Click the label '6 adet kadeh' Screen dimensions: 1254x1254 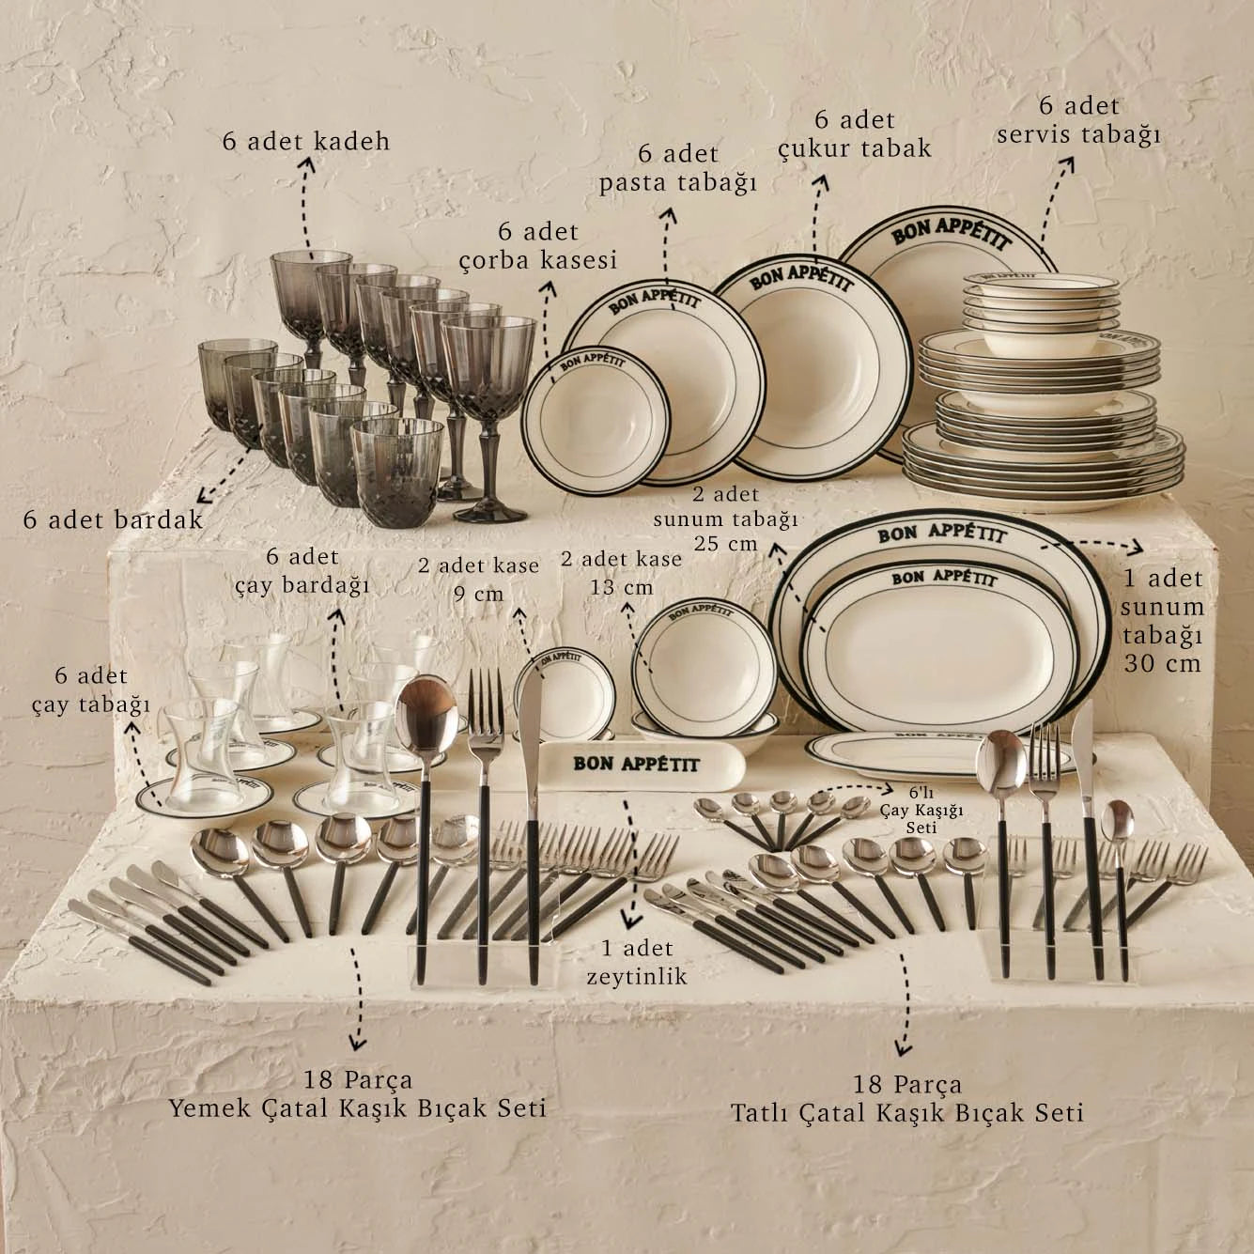coord(306,141)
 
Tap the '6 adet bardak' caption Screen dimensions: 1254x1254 coord(114,520)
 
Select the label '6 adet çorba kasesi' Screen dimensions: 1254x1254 coord(538,246)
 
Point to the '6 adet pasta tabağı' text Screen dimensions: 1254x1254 coord(678,168)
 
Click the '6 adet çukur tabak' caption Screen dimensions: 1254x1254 coord(855,134)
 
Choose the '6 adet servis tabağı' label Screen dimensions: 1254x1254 coord(1079,120)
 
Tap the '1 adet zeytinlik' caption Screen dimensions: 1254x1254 coord(637,963)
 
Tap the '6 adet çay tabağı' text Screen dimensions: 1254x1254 coord(91,689)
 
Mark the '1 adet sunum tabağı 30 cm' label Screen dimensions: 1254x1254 coord(1162,621)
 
